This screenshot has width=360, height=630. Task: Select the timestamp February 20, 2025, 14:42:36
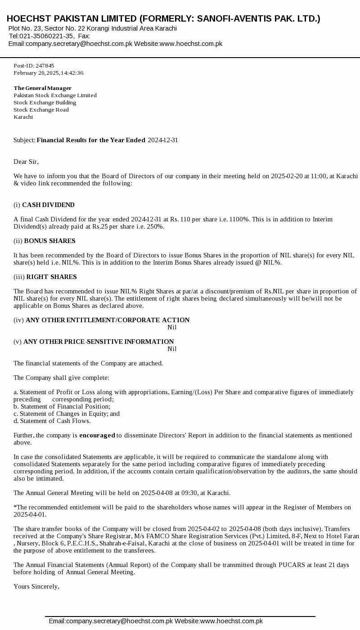click(x=48, y=73)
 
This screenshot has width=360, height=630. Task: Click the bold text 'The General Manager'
click(x=42, y=88)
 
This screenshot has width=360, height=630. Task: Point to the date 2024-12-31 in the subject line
click(x=163, y=140)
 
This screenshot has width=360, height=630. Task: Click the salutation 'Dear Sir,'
click(x=26, y=162)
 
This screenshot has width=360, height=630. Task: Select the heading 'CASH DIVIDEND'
click(x=48, y=205)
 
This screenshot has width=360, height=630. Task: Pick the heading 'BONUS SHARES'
click(x=49, y=241)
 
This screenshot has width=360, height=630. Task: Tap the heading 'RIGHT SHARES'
click(x=51, y=277)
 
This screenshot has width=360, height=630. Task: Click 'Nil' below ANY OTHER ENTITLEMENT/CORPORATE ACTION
click(x=172, y=327)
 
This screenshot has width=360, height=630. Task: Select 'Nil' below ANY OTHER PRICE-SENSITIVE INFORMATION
click(x=172, y=349)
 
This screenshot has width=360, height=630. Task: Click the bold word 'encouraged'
click(x=97, y=435)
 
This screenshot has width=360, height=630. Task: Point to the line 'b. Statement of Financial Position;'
click(x=62, y=406)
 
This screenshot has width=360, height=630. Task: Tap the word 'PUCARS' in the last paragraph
click(x=292, y=565)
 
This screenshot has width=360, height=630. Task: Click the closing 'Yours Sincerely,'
click(x=36, y=586)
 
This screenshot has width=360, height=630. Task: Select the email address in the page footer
click(x=119, y=621)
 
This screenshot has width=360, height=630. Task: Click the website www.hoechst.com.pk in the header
click(x=191, y=44)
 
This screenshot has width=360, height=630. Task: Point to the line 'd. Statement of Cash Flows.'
click(x=52, y=421)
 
